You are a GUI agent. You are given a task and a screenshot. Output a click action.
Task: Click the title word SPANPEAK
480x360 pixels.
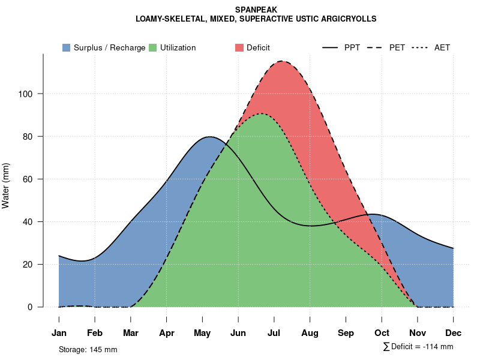tap(256, 10)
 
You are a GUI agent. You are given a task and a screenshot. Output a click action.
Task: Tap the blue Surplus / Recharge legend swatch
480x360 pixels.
tap(67, 47)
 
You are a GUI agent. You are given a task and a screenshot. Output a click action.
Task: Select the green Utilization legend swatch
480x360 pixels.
tap(153, 47)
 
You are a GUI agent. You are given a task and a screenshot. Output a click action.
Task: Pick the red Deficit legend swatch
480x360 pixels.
tap(239, 47)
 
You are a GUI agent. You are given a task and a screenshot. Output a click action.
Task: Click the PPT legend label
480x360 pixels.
tap(352, 47)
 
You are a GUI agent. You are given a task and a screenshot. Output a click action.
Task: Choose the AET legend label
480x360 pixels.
tap(442, 47)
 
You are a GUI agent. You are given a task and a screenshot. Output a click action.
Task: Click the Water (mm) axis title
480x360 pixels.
tap(6, 185)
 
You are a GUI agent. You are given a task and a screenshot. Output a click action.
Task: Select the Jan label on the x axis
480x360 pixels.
tap(59, 333)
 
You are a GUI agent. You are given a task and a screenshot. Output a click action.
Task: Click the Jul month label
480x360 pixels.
tap(274, 333)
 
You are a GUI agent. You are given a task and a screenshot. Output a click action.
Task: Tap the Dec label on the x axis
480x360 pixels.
tap(454, 333)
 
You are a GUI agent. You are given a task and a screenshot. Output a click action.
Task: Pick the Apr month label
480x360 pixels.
tap(167, 333)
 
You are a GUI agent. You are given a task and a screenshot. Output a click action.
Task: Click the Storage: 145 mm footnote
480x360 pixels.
tap(88, 349)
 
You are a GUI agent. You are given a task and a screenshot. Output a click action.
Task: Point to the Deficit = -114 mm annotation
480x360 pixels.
tap(419, 347)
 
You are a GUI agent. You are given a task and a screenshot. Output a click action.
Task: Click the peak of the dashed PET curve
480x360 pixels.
tap(281, 61)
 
